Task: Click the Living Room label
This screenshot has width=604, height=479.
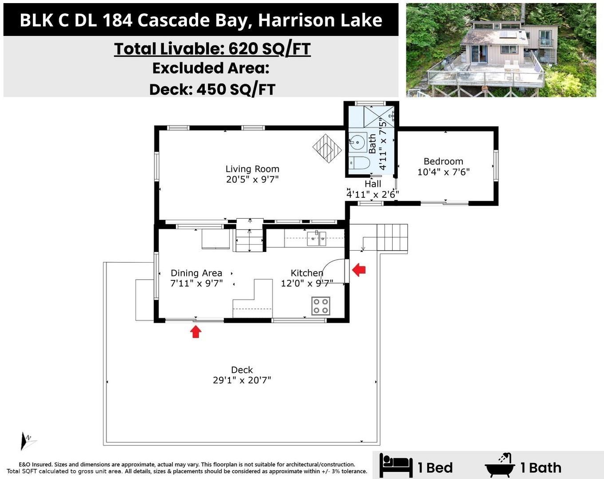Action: tap(252, 169)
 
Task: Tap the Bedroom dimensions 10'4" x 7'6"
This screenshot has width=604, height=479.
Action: tap(443, 172)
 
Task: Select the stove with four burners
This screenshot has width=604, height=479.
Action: tap(321, 306)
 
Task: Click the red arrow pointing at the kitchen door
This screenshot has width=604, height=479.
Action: tap(359, 269)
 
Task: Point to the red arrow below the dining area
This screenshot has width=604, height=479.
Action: tap(196, 331)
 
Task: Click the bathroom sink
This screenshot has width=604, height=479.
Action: tap(357, 142)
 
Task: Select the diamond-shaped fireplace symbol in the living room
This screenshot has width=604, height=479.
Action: tap(327, 148)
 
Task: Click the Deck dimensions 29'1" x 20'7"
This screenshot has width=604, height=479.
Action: tap(242, 380)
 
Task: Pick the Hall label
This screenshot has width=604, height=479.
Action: tap(373, 184)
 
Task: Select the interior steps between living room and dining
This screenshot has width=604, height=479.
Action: tap(250, 236)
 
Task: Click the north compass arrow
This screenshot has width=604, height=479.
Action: tap(26, 440)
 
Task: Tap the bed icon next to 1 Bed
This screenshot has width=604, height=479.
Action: tap(396, 466)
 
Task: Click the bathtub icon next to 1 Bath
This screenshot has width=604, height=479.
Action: tap(500, 465)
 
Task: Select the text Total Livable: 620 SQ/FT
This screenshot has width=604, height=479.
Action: tap(212, 49)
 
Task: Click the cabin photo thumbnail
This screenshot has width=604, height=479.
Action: tap(501, 50)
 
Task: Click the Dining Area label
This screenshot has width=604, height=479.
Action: tap(196, 273)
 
